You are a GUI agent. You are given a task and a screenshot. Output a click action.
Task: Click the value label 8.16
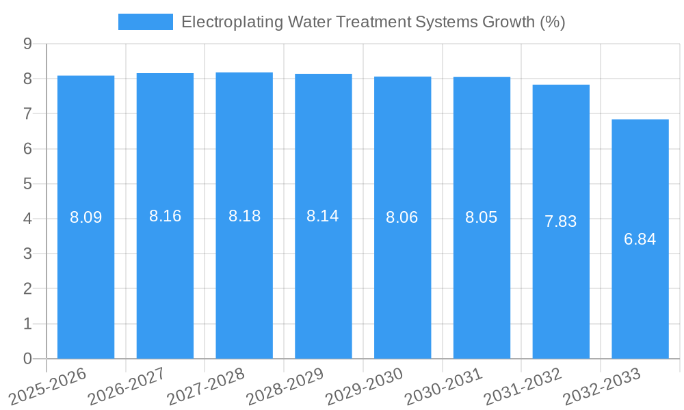[165, 216]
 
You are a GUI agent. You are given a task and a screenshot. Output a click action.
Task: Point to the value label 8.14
[323, 216]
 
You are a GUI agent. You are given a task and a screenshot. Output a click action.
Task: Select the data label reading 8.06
[402, 218]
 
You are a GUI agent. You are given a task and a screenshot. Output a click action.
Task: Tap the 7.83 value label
[560, 221]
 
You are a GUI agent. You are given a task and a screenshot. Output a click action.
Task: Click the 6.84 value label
[640, 239]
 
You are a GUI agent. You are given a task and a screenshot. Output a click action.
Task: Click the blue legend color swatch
[145, 22]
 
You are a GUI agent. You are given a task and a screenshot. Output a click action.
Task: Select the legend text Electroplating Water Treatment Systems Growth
[373, 22]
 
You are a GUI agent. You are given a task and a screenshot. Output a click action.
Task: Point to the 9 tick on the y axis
[27, 44]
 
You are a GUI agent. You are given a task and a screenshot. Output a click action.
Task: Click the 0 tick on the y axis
[27, 359]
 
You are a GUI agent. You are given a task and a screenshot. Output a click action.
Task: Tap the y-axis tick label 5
[27, 184]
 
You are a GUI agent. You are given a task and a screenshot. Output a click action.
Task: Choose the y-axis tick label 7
[27, 113]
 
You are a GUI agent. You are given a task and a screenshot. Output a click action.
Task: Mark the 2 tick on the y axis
[27, 289]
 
